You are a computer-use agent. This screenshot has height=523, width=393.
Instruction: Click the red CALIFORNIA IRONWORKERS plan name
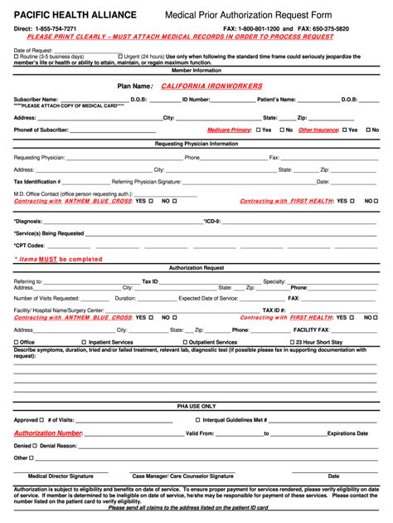click(211, 86)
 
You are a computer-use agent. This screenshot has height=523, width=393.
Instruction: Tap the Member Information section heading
click(196, 71)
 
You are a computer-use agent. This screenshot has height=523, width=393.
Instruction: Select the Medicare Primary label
click(230, 130)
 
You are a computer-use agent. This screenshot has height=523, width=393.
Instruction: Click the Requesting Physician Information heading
click(196, 144)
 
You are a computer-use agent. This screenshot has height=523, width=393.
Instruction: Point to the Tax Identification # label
click(37, 182)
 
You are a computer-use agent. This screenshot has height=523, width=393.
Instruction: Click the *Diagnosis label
click(28, 222)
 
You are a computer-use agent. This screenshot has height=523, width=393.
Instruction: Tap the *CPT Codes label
click(30, 246)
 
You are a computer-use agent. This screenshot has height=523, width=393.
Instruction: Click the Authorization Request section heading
click(196, 269)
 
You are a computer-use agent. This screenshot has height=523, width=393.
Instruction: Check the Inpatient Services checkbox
click(84, 342)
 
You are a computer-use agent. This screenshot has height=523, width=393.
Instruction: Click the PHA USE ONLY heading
click(196, 406)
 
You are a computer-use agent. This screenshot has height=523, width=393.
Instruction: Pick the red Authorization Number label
click(47, 433)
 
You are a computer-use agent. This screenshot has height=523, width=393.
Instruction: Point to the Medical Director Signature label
click(61, 477)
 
